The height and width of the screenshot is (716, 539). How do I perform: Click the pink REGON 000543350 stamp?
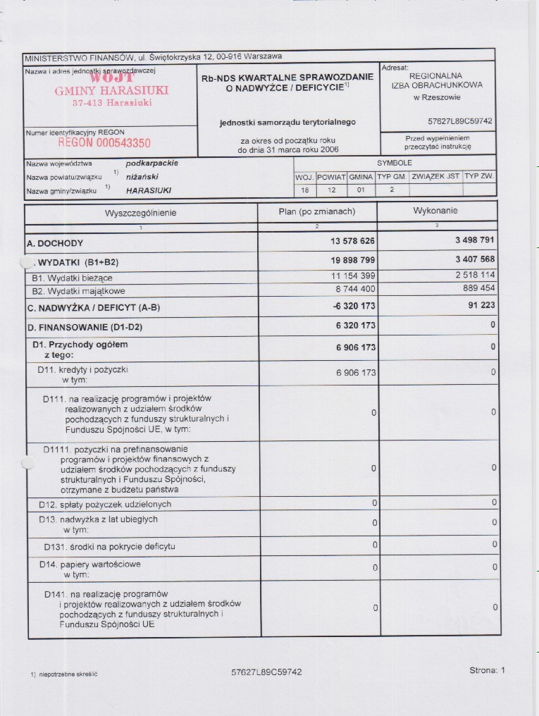(x=104, y=143)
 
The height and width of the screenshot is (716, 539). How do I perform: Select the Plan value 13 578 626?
(x=352, y=242)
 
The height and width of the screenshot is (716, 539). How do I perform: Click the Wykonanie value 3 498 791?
(x=475, y=240)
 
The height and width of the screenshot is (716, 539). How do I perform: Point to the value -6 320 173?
(x=352, y=307)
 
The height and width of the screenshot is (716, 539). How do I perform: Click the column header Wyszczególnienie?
(x=141, y=212)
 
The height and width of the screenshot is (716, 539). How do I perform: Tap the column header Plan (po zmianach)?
(x=317, y=211)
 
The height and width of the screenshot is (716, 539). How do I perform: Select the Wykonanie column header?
(x=435, y=211)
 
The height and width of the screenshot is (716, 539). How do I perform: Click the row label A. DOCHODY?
(x=55, y=243)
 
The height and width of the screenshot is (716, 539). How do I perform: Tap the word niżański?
(x=142, y=177)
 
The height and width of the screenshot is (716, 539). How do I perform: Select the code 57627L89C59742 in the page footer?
(x=266, y=672)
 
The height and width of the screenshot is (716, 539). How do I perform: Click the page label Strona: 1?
(x=487, y=670)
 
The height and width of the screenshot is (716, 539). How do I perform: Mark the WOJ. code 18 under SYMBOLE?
(x=304, y=190)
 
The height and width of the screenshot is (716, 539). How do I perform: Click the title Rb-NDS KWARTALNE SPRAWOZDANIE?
(x=287, y=78)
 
